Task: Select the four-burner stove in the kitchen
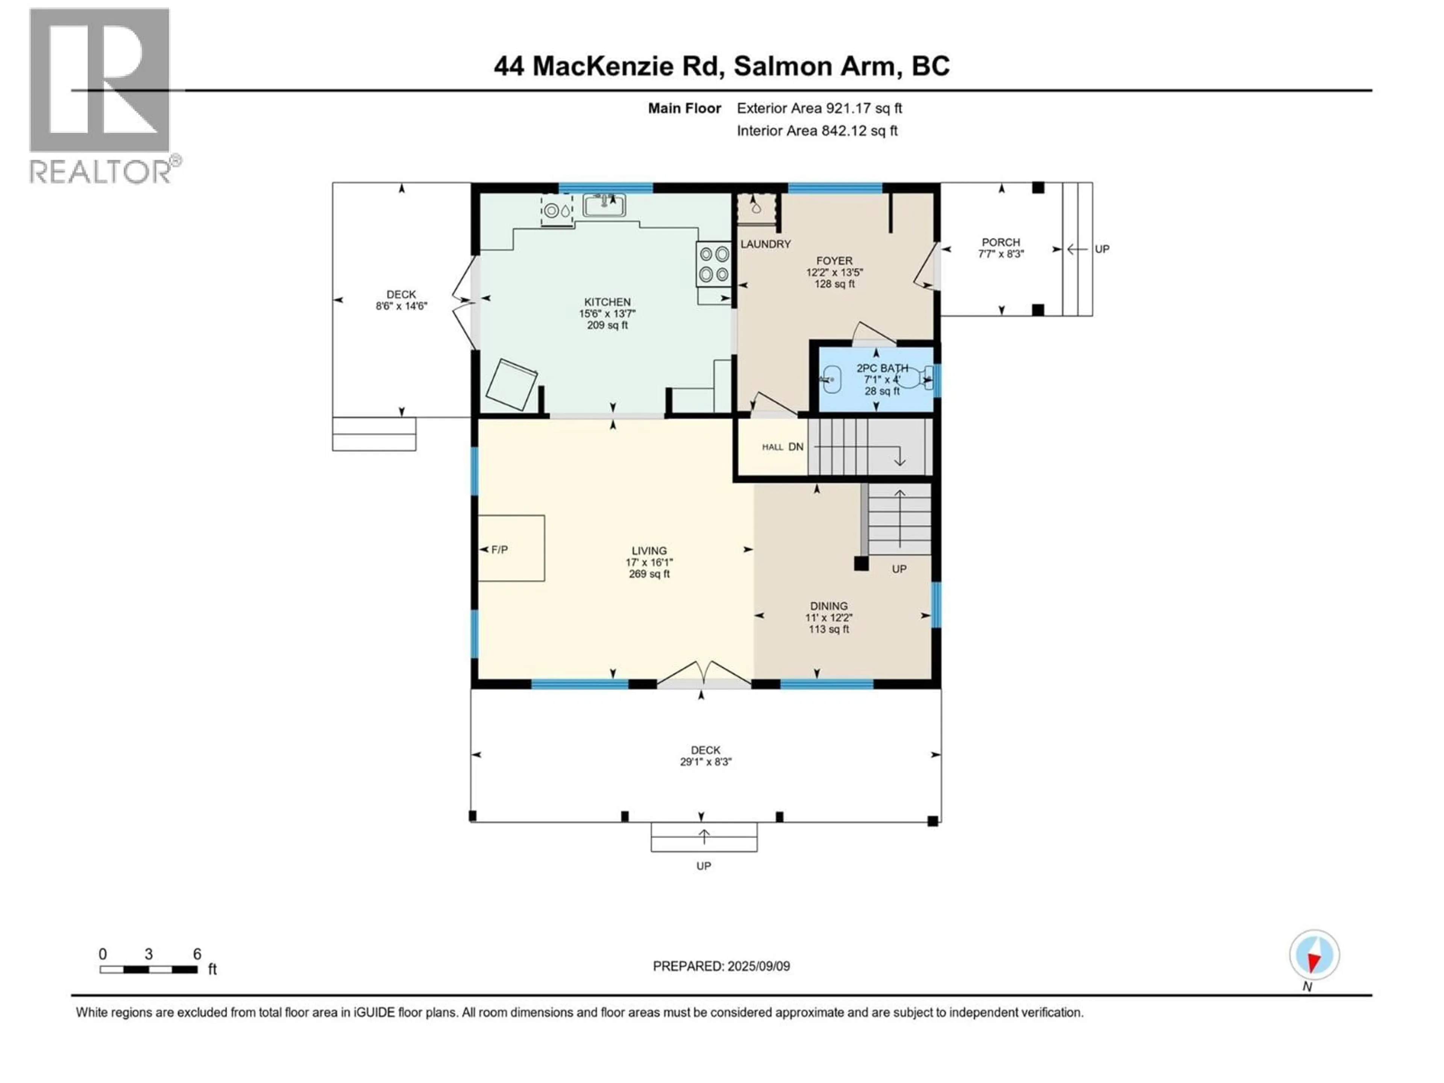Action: pyautogui.click(x=713, y=264)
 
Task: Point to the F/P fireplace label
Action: pyautogui.click(x=499, y=550)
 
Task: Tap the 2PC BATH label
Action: pyautogui.click(x=882, y=368)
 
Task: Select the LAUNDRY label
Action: pyautogui.click(x=765, y=244)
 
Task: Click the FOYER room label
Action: pyautogui.click(x=834, y=261)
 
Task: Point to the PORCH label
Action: pyautogui.click(x=1000, y=242)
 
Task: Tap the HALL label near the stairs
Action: pyautogui.click(x=772, y=447)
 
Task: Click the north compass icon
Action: pyautogui.click(x=1314, y=955)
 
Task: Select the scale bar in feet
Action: pyautogui.click(x=149, y=969)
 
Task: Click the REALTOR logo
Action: pyautogui.click(x=101, y=95)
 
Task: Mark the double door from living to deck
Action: pyautogui.click(x=703, y=674)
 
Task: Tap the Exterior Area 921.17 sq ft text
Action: pyautogui.click(x=819, y=108)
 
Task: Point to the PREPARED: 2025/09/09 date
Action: pyautogui.click(x=721, y=966)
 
